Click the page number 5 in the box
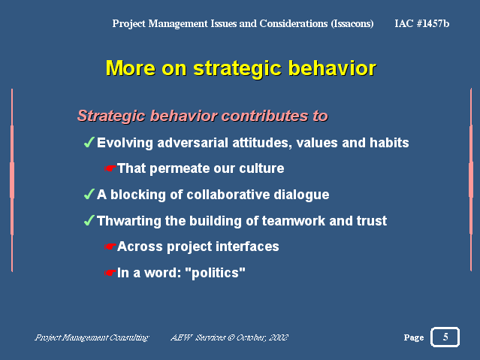(x=445, y=337)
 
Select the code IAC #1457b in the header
(x=422, y=23)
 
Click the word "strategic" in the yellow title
(x=237, y=68)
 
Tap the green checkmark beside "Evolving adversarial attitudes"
(x=89, y=142)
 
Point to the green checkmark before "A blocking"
(x=89, y=194)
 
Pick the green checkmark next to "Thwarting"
(x=89, y=220)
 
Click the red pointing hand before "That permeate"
(x=110, y=168)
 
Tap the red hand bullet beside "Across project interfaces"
(x=110, y=247)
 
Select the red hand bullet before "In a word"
(x=110, y=272)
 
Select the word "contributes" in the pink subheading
(x=264, y=116)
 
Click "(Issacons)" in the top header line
(x=352, y=23)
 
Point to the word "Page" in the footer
(x=414, y=337)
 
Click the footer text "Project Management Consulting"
(x=92, y=337)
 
